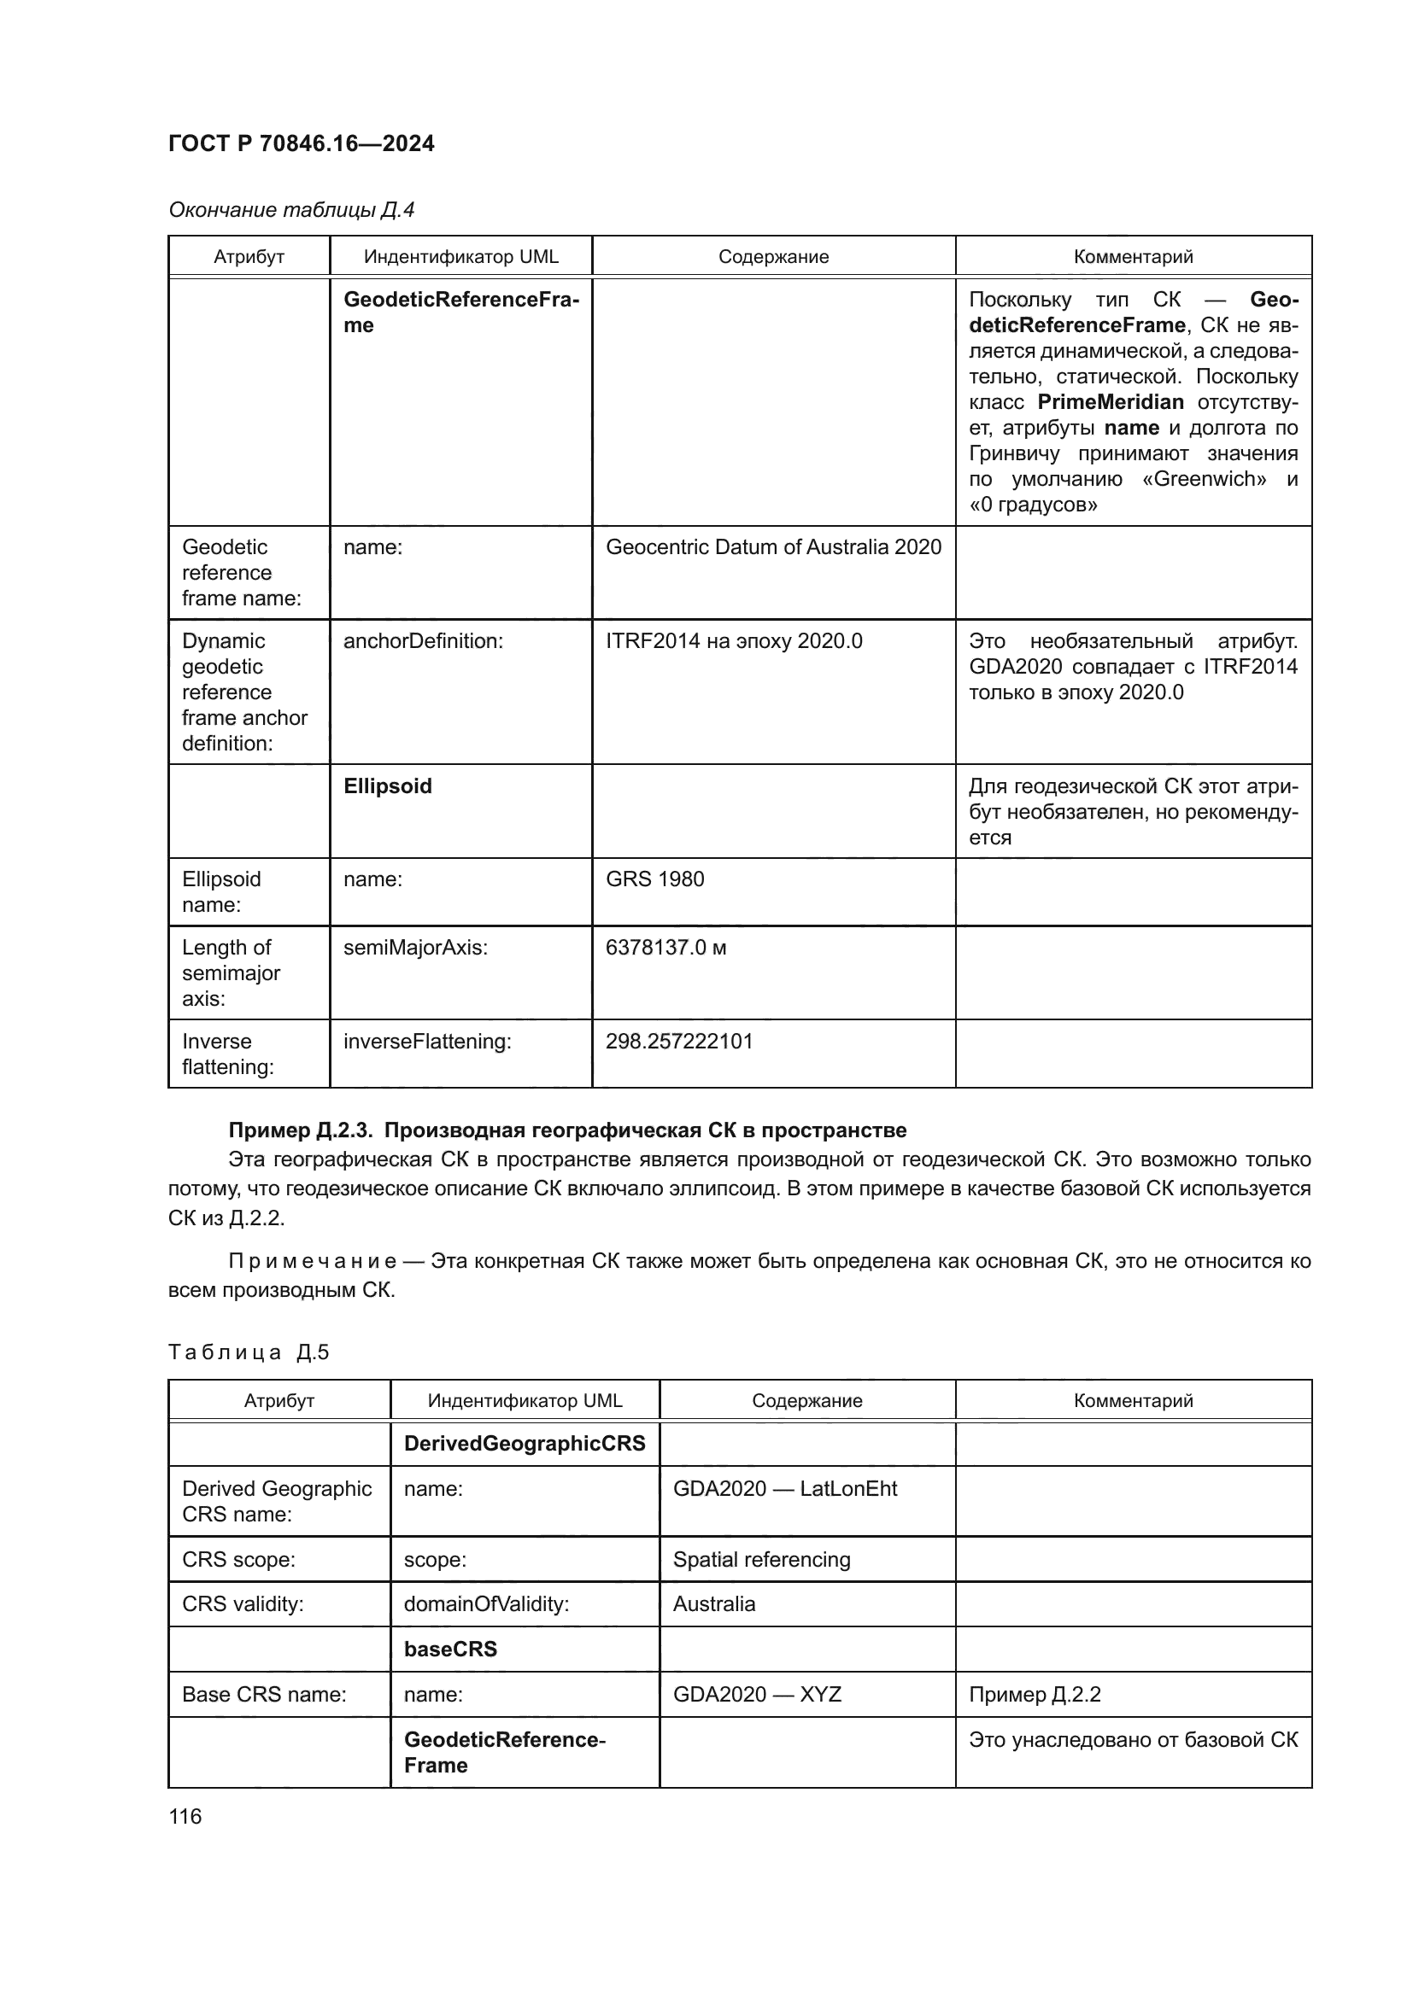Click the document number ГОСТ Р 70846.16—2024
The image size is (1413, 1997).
click(301, 143)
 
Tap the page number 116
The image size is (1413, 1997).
click(185, 1816)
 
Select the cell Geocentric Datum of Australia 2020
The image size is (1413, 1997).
click(772, 547)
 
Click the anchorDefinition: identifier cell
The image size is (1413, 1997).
click(423, 641)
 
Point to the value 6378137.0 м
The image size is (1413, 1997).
click(665, 947)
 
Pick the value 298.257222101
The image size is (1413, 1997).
click(678, 1041)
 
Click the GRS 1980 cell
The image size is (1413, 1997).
click(654, 879)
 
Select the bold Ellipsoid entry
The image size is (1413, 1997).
click(387, 786)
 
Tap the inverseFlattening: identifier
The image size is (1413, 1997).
click(426, 1041)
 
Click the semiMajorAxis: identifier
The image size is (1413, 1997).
click(415, 947)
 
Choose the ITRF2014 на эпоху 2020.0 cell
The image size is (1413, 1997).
click(734, 641)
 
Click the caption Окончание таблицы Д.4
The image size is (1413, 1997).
click(290, 210)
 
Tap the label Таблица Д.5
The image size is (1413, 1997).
click(248, 1352)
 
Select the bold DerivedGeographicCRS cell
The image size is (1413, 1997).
click(524, 1444)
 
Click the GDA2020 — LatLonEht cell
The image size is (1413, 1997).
click(784, 1488)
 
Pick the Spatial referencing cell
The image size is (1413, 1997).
click(760, 1560)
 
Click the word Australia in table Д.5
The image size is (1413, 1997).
click(713, 1604)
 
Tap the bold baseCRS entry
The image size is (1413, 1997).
click(450, 1650)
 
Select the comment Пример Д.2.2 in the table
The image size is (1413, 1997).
click(1034, 1694)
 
